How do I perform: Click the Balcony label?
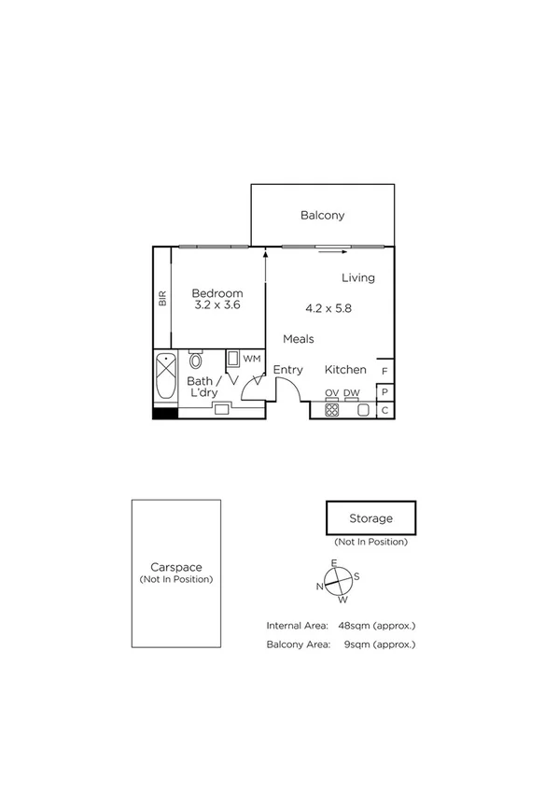tap(322, 216)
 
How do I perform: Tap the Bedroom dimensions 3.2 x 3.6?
tap(217, 304)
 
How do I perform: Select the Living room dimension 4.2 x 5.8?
tap(328, 307)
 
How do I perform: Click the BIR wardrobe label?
tap(162, 299)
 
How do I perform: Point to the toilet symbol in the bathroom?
tap(196, 361)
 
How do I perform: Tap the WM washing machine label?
tap(251, 359)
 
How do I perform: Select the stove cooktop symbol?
tap(331, 409)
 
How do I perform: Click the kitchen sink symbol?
tap(363, 409)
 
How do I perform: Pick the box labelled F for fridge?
tap(384, 371)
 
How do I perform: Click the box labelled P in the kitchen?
tap(384, 392)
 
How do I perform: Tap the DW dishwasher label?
tap(352, 393)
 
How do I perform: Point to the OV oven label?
tap(331, 393)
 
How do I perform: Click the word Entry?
tap(287, 371)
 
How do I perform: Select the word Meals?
tap(299, 339)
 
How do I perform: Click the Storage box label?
tap(370, 518)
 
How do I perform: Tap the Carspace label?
tap(176, 567)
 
